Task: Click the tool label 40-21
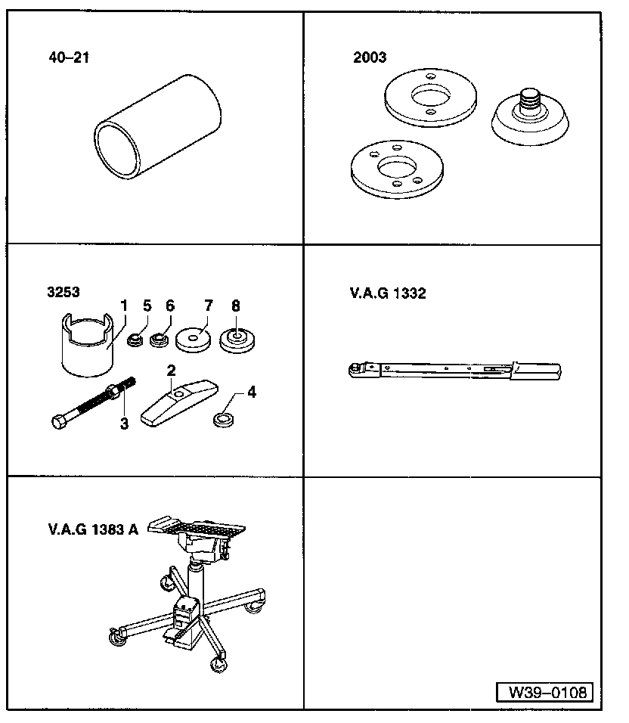[x=69, y=57]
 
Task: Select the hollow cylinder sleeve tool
[x=157, y=126]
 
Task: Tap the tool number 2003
[x=370, y=57]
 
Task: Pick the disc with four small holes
[x=397, y=169]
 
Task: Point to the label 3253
[x=64, y=292]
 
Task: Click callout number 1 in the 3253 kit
[x=123, y=306]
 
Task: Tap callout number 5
[x=147, y=306]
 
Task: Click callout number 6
[x=170, y=306]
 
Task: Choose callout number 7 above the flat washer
[x=209, y=306]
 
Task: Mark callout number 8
[x=235, y=306]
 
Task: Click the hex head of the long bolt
[x=58, y=422]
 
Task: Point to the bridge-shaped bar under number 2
[x=178, y=403]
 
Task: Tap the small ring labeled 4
[x=224, y=420]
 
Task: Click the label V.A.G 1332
[x=388, y=293]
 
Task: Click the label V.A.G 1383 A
[x=93, y=529]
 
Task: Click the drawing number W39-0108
[x=547, y=692]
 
